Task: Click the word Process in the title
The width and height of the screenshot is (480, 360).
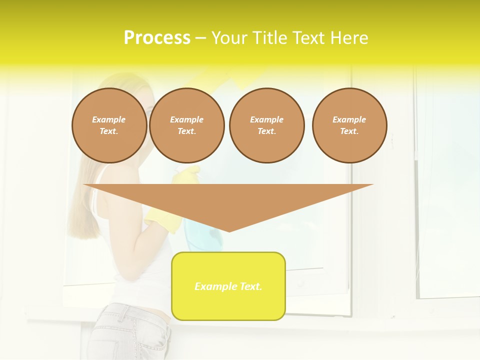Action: [157, 38]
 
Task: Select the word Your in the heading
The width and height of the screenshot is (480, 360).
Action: [228, 38]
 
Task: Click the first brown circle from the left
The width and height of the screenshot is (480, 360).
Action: [109, 125]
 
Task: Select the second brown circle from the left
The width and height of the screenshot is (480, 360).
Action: [187, 125]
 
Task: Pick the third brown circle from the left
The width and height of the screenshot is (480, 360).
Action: [267, 125]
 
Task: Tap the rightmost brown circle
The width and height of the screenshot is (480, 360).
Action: [349, 125]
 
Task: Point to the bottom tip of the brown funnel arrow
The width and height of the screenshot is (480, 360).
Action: [229, 230]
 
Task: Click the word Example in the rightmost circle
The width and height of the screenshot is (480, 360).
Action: [349, 119]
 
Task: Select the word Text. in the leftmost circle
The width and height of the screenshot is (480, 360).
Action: [109, 131]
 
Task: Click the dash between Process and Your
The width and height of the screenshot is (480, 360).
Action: [200, 38]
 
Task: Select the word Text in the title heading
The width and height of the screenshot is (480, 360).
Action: [304, 38]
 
